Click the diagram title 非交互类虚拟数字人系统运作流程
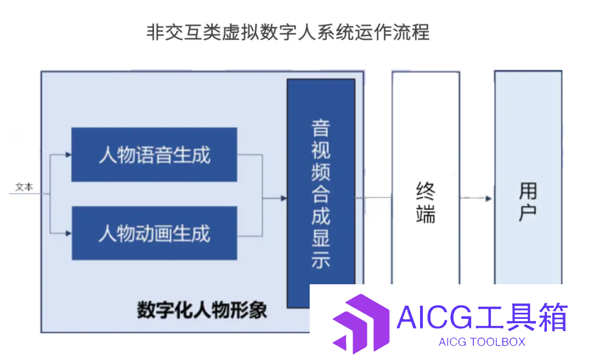pyautogui.click(x=288, y=32)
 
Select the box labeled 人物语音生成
pyautogui.click(x=154, y=155)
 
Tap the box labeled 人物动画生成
pyautogui.click(x=154, y=233)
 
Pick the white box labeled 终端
pyautogui.click(x=426, y=178)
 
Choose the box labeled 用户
pyautogui.click(x=528, y=178)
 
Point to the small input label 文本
pyautogui.click(x=24, y=187)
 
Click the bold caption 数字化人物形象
pyautogui.click(x=202, y=310)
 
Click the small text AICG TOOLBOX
pyautogui.click(x=482, y=342)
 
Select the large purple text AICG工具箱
pyautogui.click(x=482, y=317)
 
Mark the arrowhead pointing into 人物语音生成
pyautogui.click(x=69, y=155)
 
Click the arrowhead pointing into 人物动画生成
pyautogui.click(x=69, y=233)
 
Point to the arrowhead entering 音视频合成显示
pyautogui.click(x=284, y=198)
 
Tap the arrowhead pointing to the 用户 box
pyautogui.click(x=489, y=199)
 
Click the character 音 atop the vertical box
pyautogui.click(x=321, y=128)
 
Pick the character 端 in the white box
pyautogui.click(x=426, y=214)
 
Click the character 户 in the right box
pyautogui.click(x=528, y=213)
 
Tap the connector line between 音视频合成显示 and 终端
pyautogui.click(x=374, y=198)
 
